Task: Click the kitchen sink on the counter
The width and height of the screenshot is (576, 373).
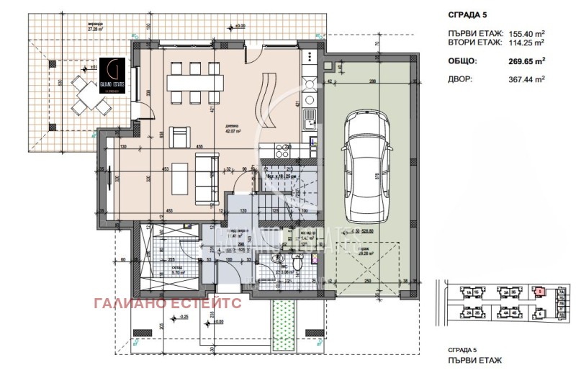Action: pyautogui.click(x=310, y=116)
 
